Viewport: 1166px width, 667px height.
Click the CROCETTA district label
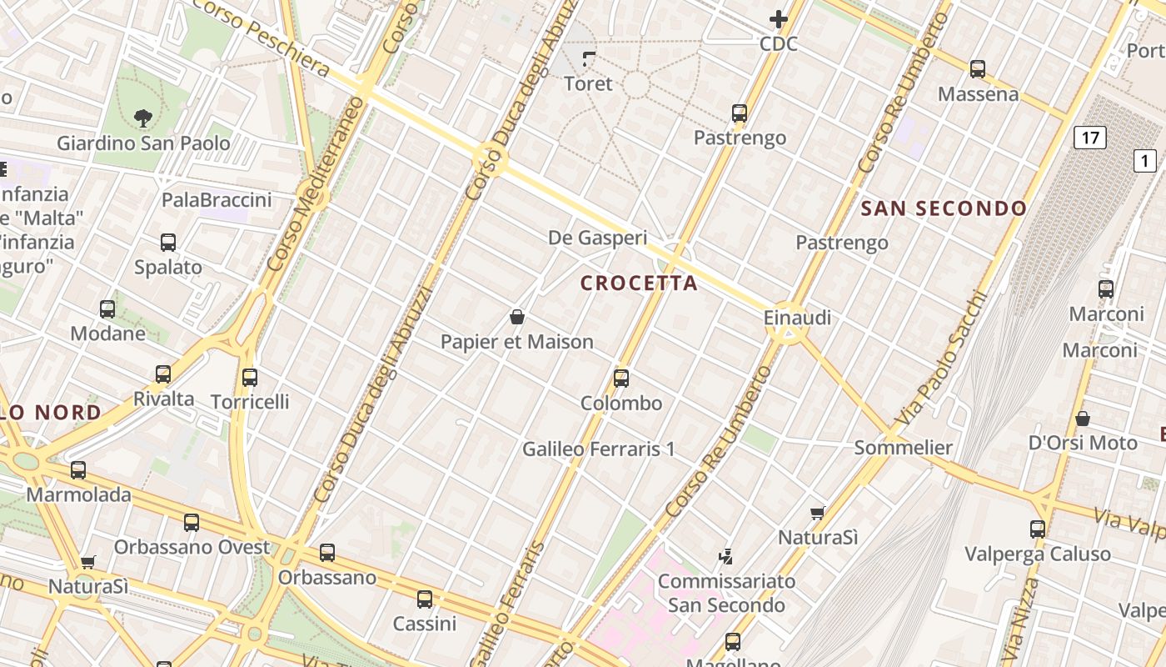point(639,283)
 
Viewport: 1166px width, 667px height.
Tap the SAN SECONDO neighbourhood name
point(944,208)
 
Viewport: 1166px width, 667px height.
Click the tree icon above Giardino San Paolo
point(143,118)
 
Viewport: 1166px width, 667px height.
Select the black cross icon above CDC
point(779,19)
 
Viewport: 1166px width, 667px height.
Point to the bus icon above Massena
point(978,69)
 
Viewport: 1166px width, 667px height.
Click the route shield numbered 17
point(1089,137)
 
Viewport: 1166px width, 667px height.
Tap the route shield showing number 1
point(1145,160)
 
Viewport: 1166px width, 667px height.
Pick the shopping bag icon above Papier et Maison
point(517,317)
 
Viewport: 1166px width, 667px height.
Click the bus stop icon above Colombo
point(621,379)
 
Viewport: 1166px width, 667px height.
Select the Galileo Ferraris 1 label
point(598,449)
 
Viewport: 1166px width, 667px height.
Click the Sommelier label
point(903,448)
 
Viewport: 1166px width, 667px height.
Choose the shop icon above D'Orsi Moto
point(1083,419)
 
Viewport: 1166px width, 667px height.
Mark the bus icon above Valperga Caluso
point(1038,529)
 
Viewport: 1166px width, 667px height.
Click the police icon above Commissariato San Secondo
point(726,556)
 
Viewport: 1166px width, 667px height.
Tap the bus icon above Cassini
point(425,599)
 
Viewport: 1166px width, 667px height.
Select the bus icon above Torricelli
point(250,378)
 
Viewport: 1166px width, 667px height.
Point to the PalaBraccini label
point(217,200)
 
